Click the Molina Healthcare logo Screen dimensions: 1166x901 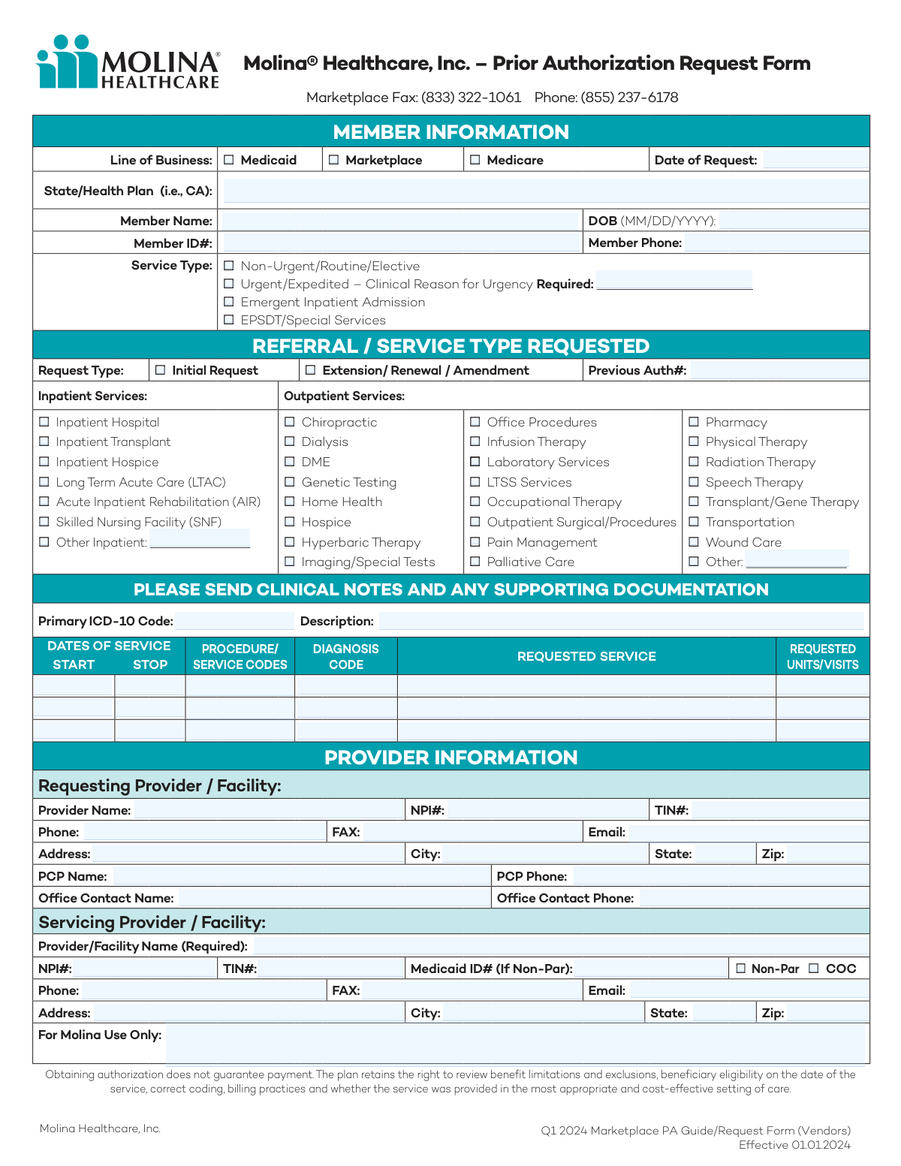pos(128,62)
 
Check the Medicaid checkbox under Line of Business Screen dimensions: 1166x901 pos(229,160)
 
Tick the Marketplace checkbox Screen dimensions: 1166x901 pos(334,160)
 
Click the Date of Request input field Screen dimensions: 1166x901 pos(815,160)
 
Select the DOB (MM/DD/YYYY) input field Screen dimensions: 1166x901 pos(793,221)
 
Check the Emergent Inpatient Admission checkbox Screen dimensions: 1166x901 pos(229,302)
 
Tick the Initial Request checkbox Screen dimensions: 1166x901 pos(160,370)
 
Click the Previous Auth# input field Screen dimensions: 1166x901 pos(779,370)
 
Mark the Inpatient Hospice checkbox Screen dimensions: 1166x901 pos(44,462)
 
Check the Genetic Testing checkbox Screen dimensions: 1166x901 pos(290,482)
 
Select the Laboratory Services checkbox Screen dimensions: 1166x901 pos(475,462)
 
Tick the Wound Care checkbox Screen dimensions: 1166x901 pos(694,542)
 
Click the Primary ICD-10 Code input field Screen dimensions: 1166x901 pos(235,621)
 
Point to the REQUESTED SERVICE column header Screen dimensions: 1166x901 pos(586,656)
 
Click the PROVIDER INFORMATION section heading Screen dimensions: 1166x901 pos(450,757)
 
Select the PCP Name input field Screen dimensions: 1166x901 pos(300,876)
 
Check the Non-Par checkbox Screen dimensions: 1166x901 pos(741,969)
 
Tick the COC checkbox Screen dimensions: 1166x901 pos(814,969)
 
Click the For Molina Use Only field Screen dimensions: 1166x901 pos(515,1044)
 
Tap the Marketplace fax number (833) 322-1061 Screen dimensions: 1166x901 pos(471,98)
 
